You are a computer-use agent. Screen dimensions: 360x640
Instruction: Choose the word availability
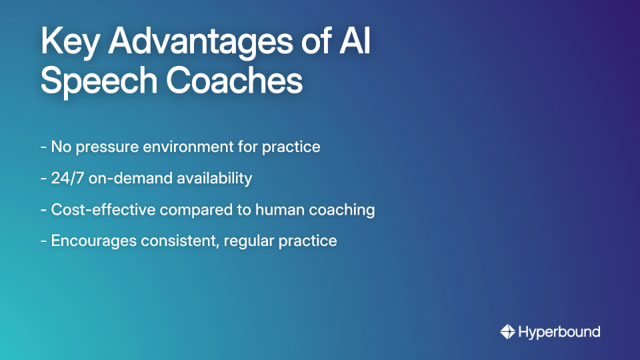click(213, 178)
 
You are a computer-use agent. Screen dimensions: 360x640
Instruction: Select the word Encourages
click(93, 241)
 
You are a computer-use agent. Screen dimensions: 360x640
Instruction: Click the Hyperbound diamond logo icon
click(507, 331)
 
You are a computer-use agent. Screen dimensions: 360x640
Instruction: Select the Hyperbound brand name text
click(559, 331)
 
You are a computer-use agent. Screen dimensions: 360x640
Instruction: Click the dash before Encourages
click(43, 241)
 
